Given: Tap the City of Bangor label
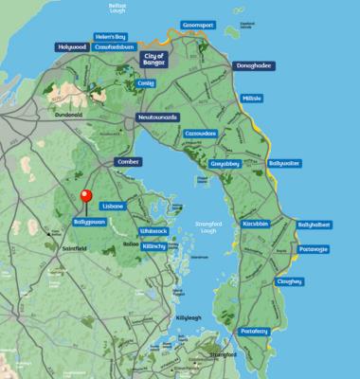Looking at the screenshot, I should (x=153, y=59).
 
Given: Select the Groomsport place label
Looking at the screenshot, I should (x=201, y=29).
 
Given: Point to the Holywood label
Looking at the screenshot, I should (x=71, y=46).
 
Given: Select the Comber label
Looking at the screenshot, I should (x=127, y=162).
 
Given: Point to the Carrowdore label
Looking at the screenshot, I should (x=201, y=134).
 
